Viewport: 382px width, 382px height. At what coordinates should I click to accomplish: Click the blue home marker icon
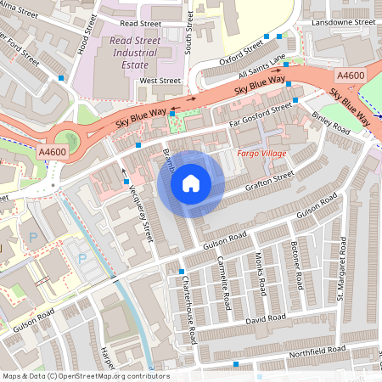click(191, 183)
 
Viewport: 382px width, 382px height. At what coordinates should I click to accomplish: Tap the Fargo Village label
click(261, 153)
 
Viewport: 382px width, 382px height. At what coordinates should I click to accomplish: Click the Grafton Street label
click(271, 177)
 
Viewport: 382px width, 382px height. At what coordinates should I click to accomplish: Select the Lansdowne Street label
click(343, 22)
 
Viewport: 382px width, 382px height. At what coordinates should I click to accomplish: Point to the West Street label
click(160, 81)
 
